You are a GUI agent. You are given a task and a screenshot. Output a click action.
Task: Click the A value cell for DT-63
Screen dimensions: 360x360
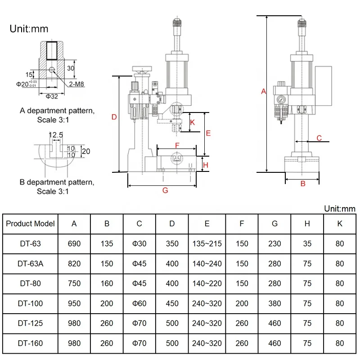(x=74, y=243)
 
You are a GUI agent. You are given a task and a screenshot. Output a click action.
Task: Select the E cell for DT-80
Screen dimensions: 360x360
(x=207, y=283)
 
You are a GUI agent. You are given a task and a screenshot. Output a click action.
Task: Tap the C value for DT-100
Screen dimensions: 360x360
(x=139, y=303)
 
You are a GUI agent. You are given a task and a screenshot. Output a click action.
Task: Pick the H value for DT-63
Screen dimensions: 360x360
(x=307, y=243)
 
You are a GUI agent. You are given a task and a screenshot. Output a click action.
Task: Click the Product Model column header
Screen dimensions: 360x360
(x=30, y=224)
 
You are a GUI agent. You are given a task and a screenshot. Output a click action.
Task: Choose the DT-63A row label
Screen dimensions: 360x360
(x=30, y=264)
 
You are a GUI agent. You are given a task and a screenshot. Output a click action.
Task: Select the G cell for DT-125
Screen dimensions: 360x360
(x=274, y=323)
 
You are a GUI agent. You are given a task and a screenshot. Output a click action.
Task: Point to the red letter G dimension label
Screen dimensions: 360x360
(x=165, y=190)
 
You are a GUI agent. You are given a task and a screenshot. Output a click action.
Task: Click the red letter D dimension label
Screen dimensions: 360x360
(x=114, y=117)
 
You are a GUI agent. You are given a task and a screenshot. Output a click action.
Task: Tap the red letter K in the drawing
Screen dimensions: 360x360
(x=193, y=122)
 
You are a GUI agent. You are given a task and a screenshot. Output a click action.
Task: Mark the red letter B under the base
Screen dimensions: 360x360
(x=303, y=184)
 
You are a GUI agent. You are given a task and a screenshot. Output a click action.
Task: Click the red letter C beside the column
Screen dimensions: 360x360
(x=319, y=138)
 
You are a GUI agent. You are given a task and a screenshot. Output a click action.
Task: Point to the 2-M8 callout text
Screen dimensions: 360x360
(x=76, y=84)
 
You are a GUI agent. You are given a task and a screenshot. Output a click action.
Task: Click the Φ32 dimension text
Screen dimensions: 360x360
(x=52, y=96)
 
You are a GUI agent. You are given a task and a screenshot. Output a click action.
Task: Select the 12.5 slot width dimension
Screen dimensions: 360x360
(x=56, y=135)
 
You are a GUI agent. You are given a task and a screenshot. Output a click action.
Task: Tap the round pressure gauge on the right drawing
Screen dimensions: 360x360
(x=281, y=99)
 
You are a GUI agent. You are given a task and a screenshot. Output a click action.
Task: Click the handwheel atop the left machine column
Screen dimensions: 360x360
(x=142, y=69)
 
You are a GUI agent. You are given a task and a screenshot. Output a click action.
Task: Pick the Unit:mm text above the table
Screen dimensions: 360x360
(x=340, y=209)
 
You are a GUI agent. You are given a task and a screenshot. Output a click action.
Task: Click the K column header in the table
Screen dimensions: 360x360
(x=340, y=224)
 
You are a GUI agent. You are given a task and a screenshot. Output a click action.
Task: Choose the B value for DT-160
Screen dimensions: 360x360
(x=107, y=343)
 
